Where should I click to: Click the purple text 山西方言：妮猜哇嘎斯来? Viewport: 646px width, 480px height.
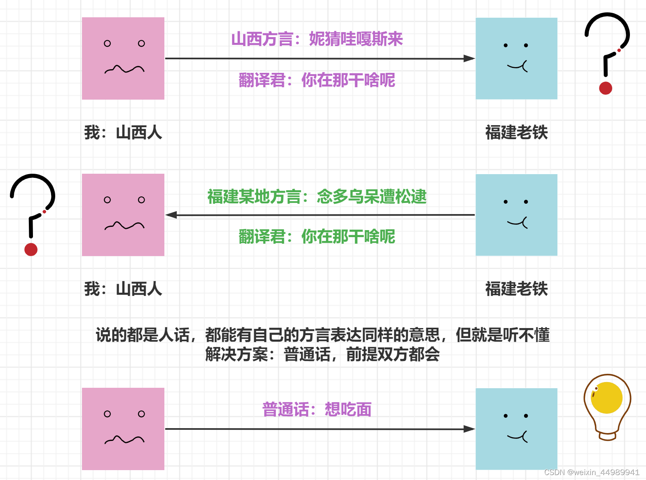click(x=317, y=39)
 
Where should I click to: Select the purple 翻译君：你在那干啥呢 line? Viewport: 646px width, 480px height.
click(x=317, y=80)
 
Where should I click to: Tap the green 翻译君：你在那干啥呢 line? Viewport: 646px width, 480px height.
click(x=317, y=237)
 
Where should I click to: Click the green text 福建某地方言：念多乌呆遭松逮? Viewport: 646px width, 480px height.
click(x=317, y=197)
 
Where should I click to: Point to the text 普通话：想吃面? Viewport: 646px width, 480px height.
click(x=317, y=410)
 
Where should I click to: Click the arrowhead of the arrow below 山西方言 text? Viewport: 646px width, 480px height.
click(x=469, y=58)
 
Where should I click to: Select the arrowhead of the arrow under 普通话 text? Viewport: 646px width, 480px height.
click(x=469, y=429)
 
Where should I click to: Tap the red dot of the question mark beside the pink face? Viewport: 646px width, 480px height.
click(x=31, y=249)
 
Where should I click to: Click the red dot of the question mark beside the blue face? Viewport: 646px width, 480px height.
click(x=606, y=88)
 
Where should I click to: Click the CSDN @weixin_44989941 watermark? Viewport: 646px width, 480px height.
click(x=592, y=472)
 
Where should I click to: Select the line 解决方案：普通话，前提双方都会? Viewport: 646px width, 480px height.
click(x=323, y=354)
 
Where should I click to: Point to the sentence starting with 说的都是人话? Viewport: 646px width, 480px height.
click(x=323, y=335)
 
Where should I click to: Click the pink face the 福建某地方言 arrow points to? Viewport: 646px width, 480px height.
click(x=123, y=215)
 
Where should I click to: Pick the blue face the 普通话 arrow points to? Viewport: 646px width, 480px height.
click(x=517, y=429)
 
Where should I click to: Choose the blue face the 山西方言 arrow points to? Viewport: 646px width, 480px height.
click(x=517, y=58)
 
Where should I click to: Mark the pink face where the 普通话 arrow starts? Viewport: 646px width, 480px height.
click(x=123, y=429)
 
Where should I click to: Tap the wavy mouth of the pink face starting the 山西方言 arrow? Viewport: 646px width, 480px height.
click(x=124, y=69)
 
